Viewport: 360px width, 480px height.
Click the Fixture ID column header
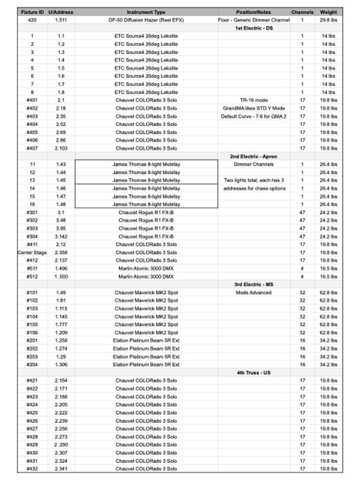(32, 12)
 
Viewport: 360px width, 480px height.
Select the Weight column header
(328, 12)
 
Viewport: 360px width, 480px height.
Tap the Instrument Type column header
(146, 12)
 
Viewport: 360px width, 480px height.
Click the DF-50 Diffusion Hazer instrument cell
(146, 20)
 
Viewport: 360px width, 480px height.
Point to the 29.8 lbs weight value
(328, 20)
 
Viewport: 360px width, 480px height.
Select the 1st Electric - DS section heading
(254, 28)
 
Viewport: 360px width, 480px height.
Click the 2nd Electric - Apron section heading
(254, 156)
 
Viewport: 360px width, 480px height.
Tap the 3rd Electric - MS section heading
(254, 285)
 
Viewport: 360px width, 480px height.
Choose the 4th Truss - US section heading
(254, 373)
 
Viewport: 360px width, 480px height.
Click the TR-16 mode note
(254, 100)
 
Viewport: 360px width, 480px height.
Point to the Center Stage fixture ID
(32, 253)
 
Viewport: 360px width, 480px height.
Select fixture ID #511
(32, 269)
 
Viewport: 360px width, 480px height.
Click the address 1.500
(61, 277)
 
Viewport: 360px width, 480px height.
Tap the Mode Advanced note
(254, 292)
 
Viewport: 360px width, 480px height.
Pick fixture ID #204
(32, 365)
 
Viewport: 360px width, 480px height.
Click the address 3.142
(61, 237)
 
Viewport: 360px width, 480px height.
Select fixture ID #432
(32, 469)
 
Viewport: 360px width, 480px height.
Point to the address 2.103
(61, 148)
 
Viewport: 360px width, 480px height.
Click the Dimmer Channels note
(254, 165)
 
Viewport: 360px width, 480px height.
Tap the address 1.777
(61, 324)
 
